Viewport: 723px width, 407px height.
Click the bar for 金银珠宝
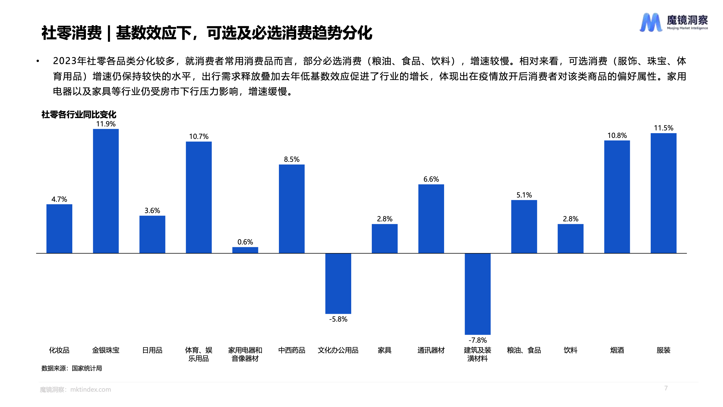106,191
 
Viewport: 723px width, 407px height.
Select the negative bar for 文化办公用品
338,283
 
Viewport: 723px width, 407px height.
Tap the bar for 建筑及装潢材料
477,293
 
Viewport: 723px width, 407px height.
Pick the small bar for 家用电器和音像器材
245,250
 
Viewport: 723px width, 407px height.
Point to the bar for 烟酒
617,197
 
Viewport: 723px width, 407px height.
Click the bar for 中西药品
292,209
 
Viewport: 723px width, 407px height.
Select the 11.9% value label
106,124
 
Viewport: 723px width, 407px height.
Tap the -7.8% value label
477,340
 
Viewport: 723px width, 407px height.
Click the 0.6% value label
245,242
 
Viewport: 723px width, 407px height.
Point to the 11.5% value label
664,128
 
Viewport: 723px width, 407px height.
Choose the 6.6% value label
431,179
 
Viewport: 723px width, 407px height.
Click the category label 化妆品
59,350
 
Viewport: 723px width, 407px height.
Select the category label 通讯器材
431,350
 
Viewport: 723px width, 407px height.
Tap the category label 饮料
570,350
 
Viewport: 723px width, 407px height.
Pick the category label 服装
664,350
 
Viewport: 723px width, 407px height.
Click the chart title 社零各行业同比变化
79,115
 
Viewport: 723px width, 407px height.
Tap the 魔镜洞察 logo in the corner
674,22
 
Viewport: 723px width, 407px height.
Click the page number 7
666,388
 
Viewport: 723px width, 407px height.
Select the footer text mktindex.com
90,390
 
